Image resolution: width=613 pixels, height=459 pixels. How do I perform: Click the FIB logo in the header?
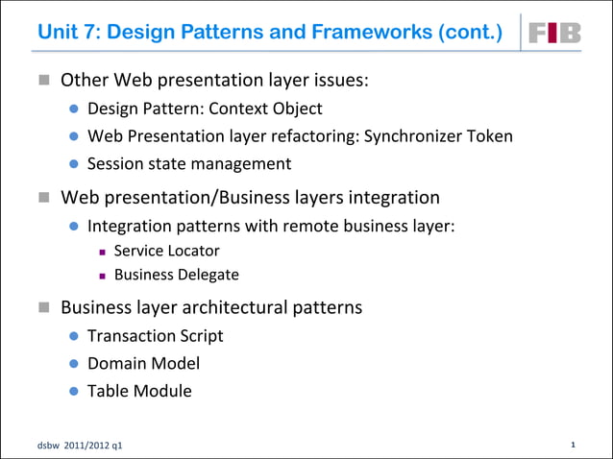click(555, 33)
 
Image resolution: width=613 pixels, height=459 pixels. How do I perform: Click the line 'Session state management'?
click(189, 163)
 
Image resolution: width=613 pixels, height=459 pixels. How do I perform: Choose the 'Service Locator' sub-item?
click(166, 251)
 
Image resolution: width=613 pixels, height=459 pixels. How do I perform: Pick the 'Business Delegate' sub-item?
click(176, 276)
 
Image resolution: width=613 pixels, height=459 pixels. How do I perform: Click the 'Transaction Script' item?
click(155, 335)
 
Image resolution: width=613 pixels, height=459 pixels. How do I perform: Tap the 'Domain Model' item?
click(143, 363)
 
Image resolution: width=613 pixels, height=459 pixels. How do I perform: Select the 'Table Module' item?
click(139, 391)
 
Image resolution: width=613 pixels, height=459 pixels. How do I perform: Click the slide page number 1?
click(573, 445)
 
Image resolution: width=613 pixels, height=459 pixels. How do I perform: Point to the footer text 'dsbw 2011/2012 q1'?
click(81, 447)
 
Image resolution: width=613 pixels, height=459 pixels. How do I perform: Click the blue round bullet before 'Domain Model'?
click(73, 364)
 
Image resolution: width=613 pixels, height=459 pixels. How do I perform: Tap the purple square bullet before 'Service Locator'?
click(101, 252)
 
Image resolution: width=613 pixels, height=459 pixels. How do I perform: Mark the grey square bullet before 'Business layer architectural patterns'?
click(44, 308)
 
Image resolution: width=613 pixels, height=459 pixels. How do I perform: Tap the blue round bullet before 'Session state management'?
click(73, 164)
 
